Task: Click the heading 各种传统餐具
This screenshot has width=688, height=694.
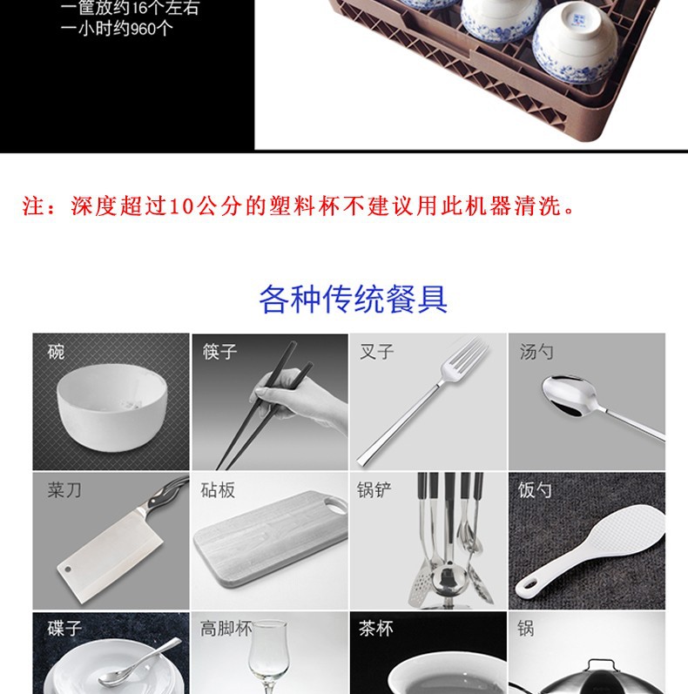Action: click(353, 299)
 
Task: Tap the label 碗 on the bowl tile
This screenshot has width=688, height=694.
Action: click(56, 352)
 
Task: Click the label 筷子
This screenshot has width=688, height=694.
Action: click(219, 352)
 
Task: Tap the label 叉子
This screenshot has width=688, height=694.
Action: click(376, 352)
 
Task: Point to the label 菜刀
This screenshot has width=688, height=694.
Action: click(64, 490)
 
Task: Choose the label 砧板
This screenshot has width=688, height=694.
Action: click(218, 490)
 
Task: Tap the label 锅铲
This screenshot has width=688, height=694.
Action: click(374, 490)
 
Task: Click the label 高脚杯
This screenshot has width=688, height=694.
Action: click(226, 628)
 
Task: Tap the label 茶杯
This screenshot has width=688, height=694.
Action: click(376, 628)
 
